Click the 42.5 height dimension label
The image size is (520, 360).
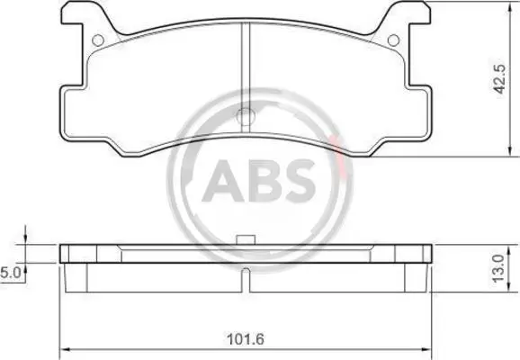500,79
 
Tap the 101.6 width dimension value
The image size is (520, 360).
246,338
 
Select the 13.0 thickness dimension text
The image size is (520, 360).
499,268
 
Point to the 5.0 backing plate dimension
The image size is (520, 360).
11,273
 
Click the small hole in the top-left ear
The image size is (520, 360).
98,40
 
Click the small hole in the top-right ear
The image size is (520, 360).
393,40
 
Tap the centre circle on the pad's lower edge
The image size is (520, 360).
246,115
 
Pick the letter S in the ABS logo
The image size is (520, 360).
298,181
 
